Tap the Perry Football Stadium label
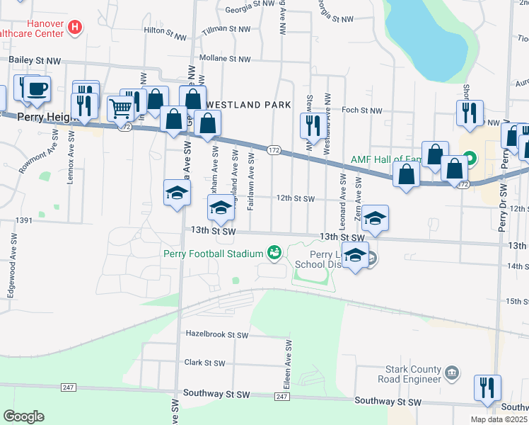[x=213, y=253]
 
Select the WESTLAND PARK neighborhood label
[x=248, y=105]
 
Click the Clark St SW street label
[x=204, y=363]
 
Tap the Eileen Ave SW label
[x=289, y=362]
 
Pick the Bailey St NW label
[x=32, y=62]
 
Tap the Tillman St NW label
[x=226, y=29]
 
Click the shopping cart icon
[x=121, y=109]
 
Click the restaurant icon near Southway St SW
[x=487, y=388]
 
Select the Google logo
[x=24, y=416]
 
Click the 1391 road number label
[x=25, y=221]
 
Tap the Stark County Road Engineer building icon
[x=452, y=371]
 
